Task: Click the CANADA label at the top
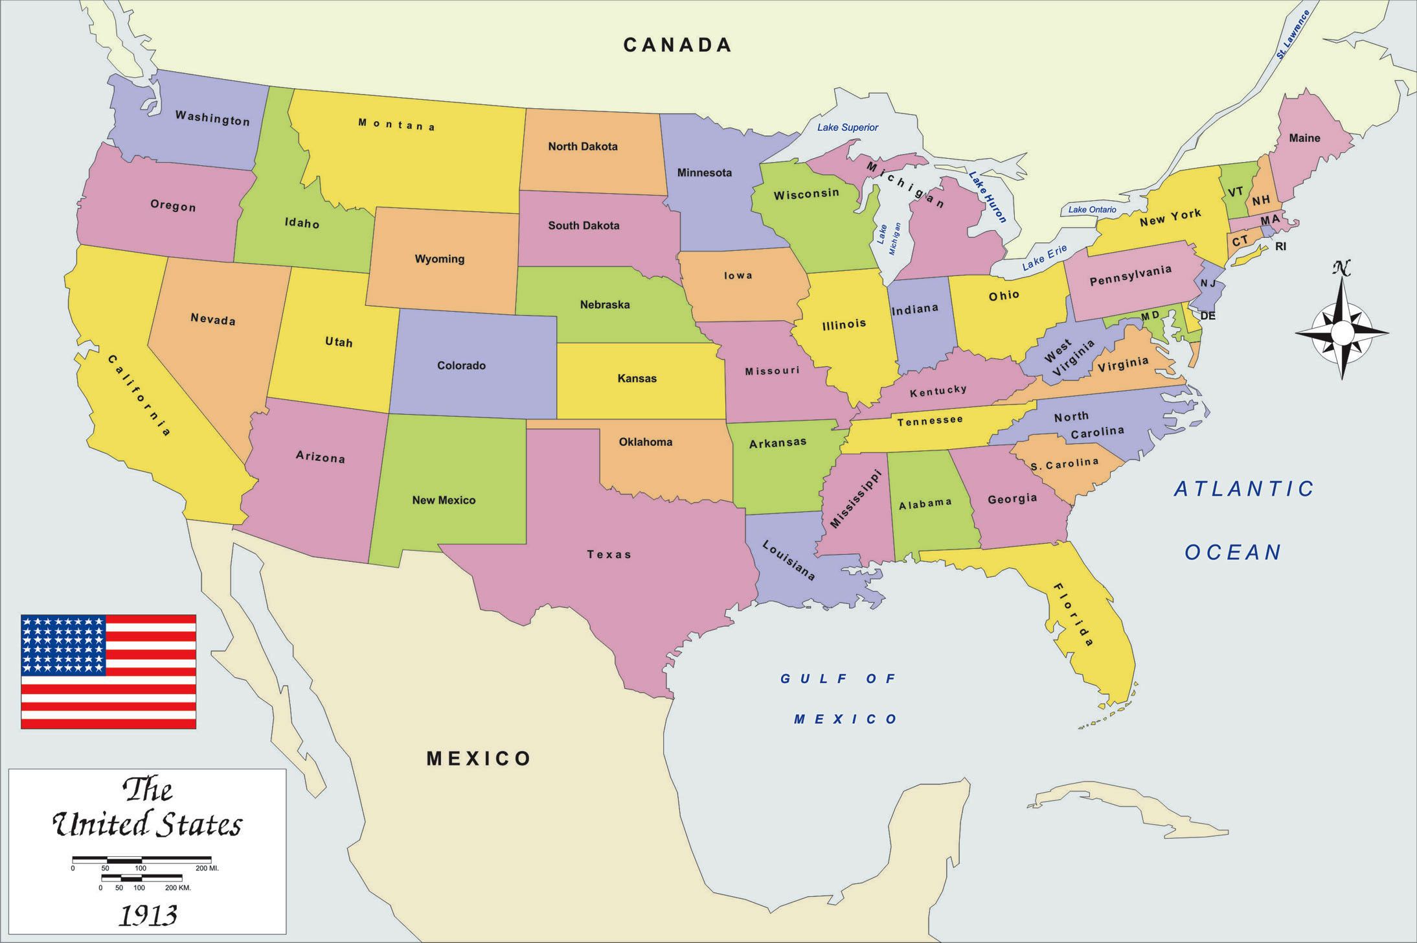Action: coord(677,45)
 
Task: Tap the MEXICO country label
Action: coord(479,758)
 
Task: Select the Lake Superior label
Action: coord(847,127)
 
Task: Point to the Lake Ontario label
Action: coord(1092,209)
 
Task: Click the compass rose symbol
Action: coord(1342,332)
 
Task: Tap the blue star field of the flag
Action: coord(63,645)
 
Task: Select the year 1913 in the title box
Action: coord(148,915)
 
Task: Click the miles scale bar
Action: coord(141,859)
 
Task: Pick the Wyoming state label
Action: coord(440,259)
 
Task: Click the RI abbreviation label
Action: coord(1280,247)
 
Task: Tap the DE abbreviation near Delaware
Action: coord(1208,316)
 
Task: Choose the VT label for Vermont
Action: coord(1236,192)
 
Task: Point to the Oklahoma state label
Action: coord(645,442)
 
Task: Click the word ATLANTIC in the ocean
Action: coord(1244,489)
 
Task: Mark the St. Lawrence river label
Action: coord(1293,34)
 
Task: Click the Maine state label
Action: coord(1304,138)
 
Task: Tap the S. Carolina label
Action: coord(1065,464)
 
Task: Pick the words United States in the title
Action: coord(148,825)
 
